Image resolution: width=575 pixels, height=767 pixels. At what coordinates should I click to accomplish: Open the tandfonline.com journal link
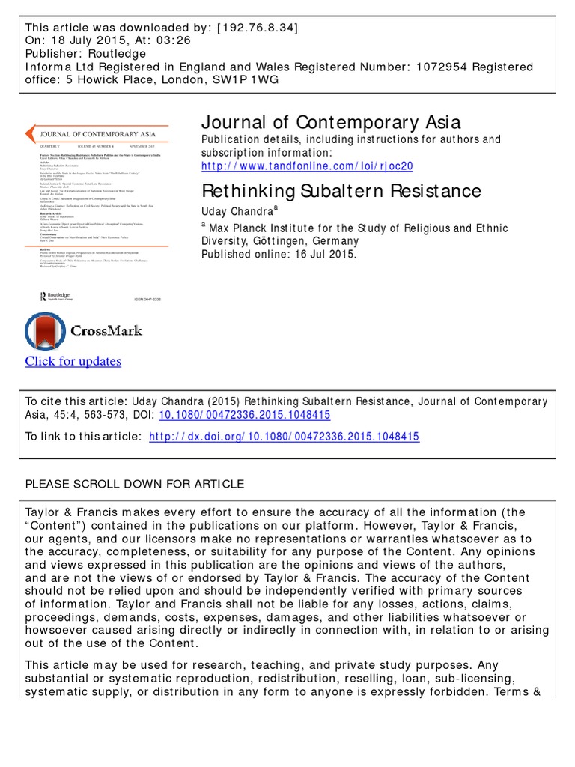308,166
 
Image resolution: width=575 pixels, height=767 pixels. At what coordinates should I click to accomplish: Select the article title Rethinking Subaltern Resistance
342,191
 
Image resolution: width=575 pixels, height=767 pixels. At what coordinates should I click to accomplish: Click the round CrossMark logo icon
46,331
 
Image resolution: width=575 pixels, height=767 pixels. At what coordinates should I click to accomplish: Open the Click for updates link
73,361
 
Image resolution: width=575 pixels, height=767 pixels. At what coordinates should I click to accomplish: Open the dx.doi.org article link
285,437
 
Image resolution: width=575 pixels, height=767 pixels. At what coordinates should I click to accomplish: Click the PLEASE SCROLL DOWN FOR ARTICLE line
135,484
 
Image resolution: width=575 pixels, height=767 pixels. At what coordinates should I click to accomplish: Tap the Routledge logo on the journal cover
56,296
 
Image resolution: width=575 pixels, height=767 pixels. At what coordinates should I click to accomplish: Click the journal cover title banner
94,135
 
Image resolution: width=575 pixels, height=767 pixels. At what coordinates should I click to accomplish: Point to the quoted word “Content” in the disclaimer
56,526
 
